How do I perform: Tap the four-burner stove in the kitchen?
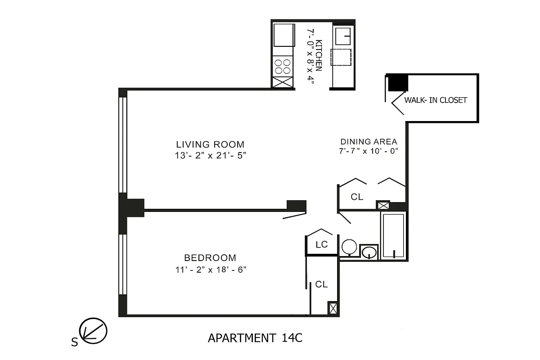point(283,67)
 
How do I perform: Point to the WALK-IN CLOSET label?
point(436,100)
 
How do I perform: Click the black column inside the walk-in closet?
point(398,82)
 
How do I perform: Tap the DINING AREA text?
point(368,141)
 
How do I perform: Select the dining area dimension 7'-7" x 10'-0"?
point(369,151)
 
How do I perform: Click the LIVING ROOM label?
point(210,144)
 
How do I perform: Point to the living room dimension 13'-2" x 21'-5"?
point(210,156)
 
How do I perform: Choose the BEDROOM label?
point(210,258)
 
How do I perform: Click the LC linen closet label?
point(321,245)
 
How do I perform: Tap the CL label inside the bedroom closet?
point(321,284)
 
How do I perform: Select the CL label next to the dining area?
point(357,197)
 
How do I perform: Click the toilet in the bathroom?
point(349,247)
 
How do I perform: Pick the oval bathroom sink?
point(370,252)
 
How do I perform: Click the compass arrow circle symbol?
point(94,331)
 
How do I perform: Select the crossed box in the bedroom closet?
point(333,308)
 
